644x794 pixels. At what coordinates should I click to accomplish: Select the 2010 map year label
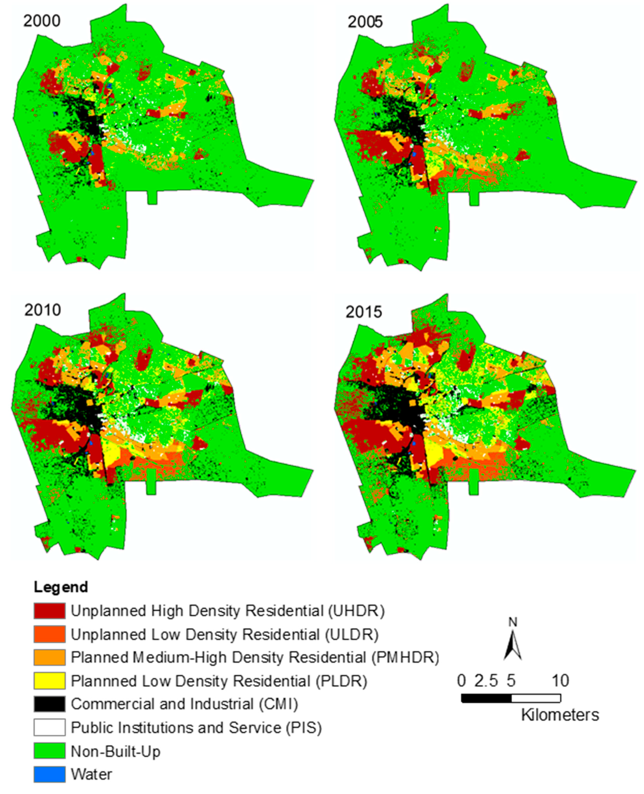point(43,310)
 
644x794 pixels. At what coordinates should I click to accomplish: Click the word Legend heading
point(61,587)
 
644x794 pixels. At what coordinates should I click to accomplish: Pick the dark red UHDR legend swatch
point(49,611)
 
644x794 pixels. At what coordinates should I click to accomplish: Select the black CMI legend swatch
point(49,704)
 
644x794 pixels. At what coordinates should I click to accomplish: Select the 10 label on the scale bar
point(560,681)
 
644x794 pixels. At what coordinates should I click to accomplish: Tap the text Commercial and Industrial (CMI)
point(184,704)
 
